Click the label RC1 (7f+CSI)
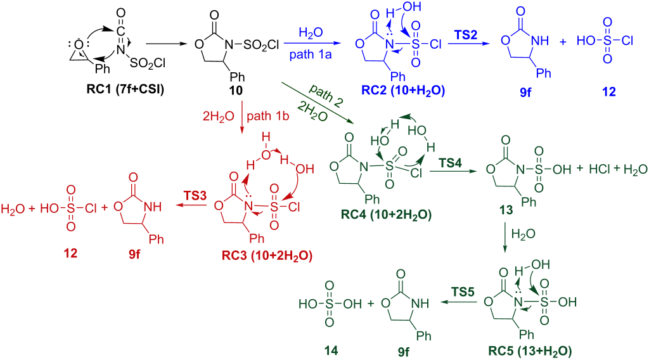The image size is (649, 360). coord(125,89)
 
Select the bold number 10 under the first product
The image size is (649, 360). coord(236,90)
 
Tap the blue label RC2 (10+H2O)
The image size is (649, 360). coord(403,90)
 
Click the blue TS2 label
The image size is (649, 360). coord(466,35)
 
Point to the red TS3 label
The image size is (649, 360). coord(195,195)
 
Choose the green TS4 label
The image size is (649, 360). coord(451,163)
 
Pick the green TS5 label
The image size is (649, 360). coord(463,292)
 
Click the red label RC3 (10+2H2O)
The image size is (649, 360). coord(267,255)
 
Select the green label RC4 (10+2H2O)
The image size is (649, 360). coord(386,215)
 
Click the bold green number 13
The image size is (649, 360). coord(506,210)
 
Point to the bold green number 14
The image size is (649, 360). coord(331,351)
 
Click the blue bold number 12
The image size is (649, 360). coord(609,91)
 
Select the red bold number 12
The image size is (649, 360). coord(70,253)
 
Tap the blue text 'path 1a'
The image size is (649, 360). coord(311,55)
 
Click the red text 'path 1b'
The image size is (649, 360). coord(268,116)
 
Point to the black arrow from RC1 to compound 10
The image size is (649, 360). coord(167,43)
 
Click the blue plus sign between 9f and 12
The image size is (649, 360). coord(563,41)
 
